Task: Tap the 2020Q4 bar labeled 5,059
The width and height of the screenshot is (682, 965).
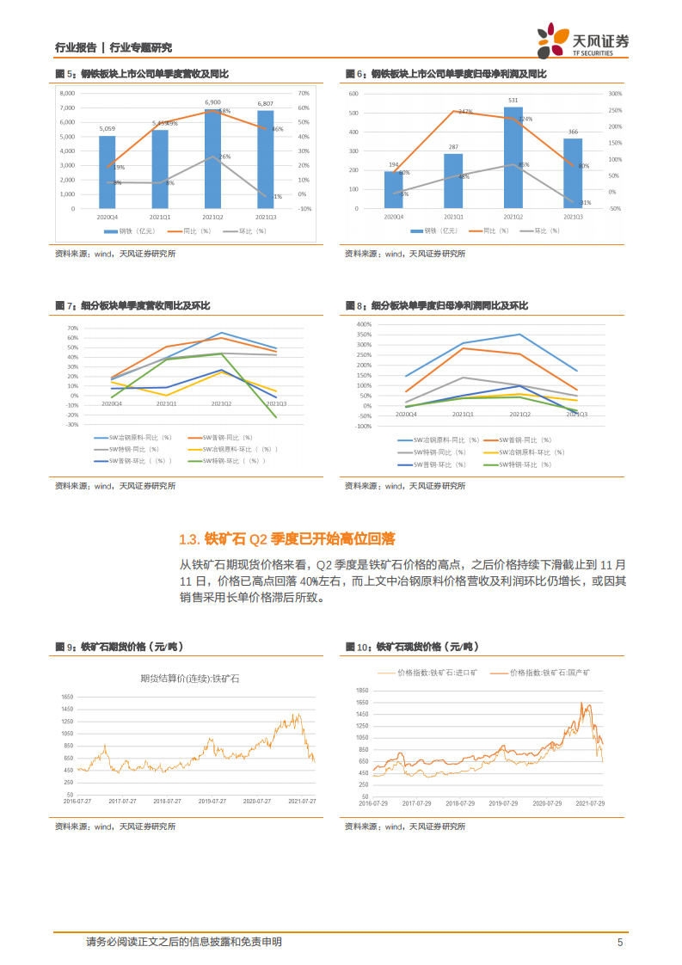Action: [x=107, y=172]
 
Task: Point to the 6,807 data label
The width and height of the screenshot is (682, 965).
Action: [x=266, y=103]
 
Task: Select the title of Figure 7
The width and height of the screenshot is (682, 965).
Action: [x=132, y=306]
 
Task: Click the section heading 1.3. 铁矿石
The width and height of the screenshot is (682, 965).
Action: [x=286, y=539]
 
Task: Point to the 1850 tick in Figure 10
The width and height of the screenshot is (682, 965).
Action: [x=361, y=690]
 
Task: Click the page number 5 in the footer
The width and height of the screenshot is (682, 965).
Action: [x=619, y=942]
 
